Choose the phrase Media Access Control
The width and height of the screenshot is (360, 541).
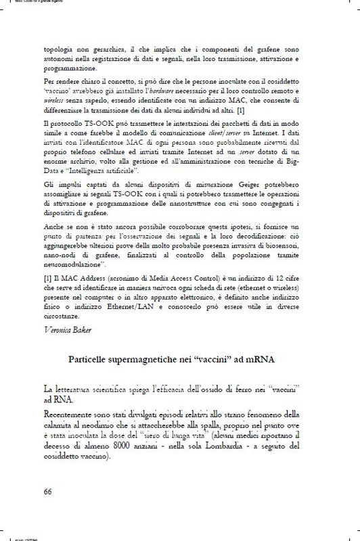[168, 279]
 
